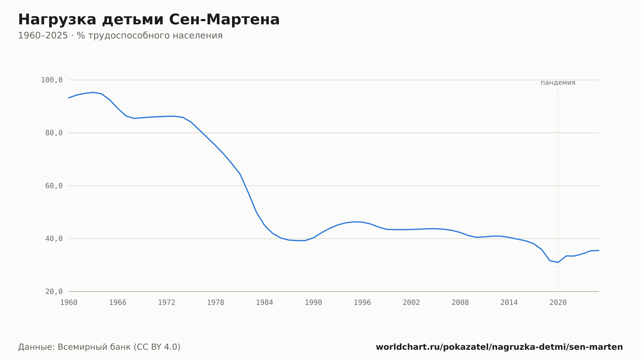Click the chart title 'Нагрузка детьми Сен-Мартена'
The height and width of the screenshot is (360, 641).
[x=149, y=20]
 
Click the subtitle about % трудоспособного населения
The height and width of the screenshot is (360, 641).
[x=120, y=36]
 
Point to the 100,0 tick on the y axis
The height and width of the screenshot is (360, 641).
[x=52, y=80]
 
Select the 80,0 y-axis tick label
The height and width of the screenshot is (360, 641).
[x=54, y=133]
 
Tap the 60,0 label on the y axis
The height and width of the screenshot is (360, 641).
[x=54, y=186]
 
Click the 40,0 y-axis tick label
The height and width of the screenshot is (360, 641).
[x=54, y=239]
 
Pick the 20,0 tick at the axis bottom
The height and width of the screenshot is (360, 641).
[x=54, y=291]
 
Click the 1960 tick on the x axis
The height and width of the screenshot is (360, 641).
[x=69, y=303]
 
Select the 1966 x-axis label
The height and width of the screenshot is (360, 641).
[x=118, y=303]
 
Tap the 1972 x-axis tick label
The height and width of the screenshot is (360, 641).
[x=167, y=303]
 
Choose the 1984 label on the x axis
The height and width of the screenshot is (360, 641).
[x=264, y=303]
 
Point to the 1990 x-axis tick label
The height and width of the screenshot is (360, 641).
[x=313, y=303]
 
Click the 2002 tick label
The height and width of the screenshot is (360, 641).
[x=411, y=303]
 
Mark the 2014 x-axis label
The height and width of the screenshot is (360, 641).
[x=509, y=303]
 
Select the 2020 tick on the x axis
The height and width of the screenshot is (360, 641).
[x=558, y=303]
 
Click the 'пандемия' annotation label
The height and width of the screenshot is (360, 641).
[x=558, y=83]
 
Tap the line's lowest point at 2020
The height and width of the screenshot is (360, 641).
[x=558, y=263]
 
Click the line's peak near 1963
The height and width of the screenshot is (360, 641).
[x=93, y=92]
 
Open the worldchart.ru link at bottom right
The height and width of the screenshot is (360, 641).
[x=499, y=347]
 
